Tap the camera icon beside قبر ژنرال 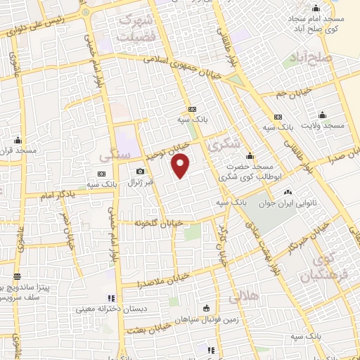(x=140, y=172)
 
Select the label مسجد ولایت (x=324, y=125)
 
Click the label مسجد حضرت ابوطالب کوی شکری (x=251, y=173)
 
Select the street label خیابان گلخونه (x=160, y=222)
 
